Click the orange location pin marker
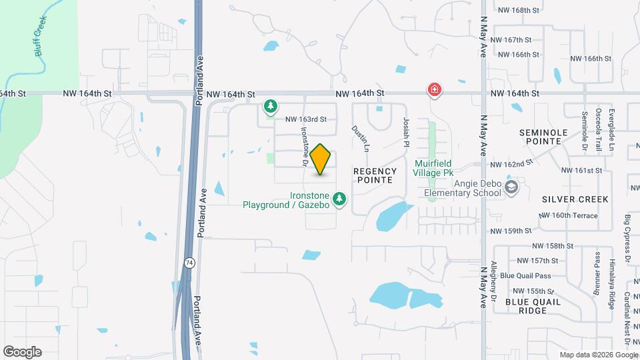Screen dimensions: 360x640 point(321,159)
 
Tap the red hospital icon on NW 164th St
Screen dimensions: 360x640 point(435,89)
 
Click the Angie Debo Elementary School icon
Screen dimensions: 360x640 point(511,187)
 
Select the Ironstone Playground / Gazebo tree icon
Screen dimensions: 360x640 point(340,198)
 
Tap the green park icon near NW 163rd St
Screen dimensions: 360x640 point(270,106)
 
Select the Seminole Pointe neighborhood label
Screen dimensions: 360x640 point(544,137)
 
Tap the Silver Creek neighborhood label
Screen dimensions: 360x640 point(566,199)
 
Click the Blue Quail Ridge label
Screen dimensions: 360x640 point(533,306)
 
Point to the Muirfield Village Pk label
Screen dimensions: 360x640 point(438,168)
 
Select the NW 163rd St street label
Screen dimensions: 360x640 point(306,120)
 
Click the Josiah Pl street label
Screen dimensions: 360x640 point(405,131)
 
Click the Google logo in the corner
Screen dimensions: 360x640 point(22,351)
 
